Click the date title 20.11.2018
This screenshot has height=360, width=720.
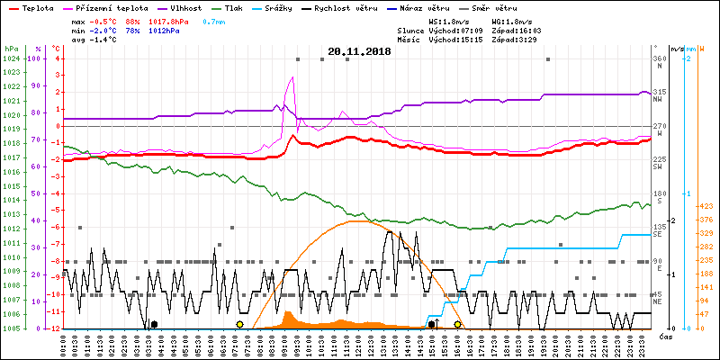(x=359, y=52)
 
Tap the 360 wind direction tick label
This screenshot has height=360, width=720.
(x=660, y=58)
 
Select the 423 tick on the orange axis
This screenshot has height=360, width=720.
(x=706, y=205)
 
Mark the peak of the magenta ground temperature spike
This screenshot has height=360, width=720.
(x=291, y=77)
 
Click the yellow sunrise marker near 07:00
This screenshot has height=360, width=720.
(x=239, y=324)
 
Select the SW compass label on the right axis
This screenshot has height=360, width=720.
(x=658, y=167)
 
